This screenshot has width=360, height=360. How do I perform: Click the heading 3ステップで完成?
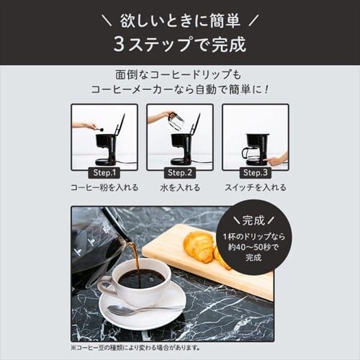pos(180,44)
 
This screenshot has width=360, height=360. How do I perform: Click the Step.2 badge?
pos(179,173)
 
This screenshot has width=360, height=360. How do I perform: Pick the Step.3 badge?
pos(255,173)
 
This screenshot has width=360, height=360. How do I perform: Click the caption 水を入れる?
pos(179,187)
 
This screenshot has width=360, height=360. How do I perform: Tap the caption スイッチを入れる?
pos(255,187)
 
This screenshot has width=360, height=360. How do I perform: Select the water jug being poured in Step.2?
pos(175,121)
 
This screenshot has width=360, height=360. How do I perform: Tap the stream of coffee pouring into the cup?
pos(134,256)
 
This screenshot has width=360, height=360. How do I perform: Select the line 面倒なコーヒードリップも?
pos(180,75)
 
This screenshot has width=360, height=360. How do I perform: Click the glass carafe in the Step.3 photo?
pos(248,153)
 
